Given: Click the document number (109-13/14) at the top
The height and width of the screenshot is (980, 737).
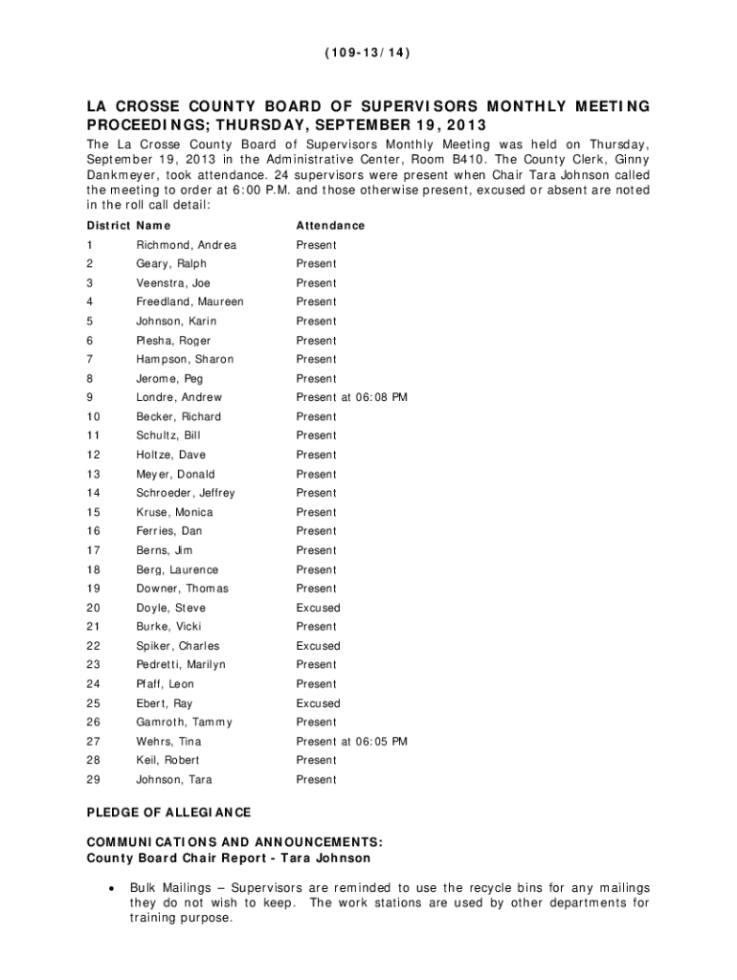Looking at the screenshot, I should pos(368,54).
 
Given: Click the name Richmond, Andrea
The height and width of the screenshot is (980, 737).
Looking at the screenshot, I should pos(186,245).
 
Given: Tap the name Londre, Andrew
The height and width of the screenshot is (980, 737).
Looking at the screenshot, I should pos(179,397).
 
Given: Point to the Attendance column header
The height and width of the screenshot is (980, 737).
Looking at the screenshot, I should pos(330,226).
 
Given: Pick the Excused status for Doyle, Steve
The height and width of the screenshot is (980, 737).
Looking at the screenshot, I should pos(318,608).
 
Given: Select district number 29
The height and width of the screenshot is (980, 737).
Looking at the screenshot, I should pos(93,779).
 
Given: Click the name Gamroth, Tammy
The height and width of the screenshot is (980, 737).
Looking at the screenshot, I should pos(184,722).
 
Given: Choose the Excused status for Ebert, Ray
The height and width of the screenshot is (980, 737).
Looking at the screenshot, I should pos(318,702).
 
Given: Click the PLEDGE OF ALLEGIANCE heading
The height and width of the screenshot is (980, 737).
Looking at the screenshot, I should pos(168,813).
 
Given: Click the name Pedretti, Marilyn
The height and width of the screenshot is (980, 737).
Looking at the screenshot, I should pos(181,664).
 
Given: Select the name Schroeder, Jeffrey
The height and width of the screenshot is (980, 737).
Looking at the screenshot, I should pos(185,493).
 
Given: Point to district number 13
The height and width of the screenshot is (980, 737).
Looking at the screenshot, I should pos(93,474).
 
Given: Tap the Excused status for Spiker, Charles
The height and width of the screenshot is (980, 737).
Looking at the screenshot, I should pos(318,646).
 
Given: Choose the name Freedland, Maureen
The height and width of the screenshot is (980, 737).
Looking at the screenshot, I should pos(190,301).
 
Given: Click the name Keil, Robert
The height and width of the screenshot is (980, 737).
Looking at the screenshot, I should pos(167,760).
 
